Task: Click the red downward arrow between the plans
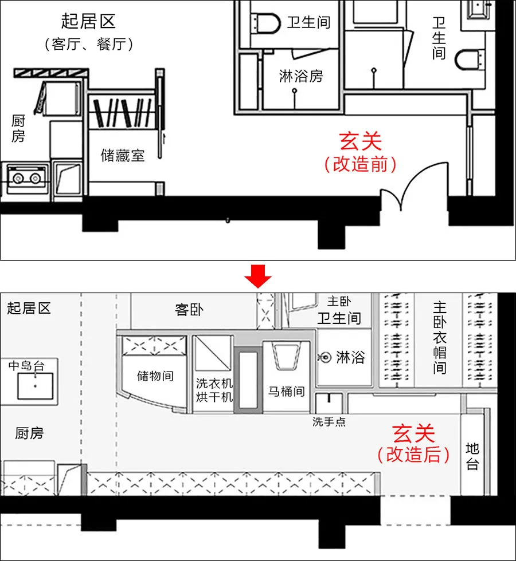coord(258,278)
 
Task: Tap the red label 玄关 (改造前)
coord(360,152)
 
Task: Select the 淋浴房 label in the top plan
coord(301,76)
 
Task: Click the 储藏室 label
coord(123,155)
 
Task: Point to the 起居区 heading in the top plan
coord(88,22)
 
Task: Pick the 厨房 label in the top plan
coord(18,128)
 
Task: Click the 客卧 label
coord(190,310)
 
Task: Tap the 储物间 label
coord(155,376)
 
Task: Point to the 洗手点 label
coord(329,422)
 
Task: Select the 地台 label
coord(472,456)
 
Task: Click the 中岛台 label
coord(26,365)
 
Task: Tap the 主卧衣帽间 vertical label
coord(440,338)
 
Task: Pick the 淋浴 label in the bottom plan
coord(350,357)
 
